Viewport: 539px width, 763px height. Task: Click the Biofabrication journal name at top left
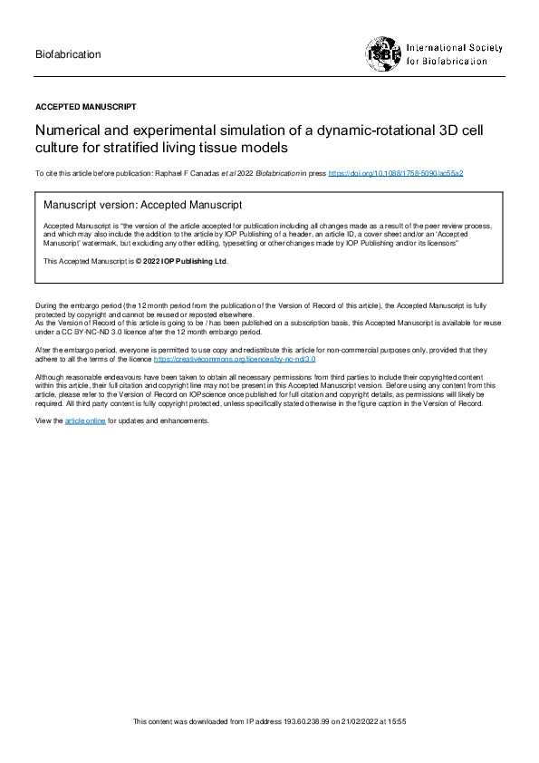click(x=68, y=54)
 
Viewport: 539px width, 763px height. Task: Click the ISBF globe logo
click(x=383, y=53)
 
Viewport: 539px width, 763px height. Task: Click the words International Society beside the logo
click(x=454, y=47)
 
